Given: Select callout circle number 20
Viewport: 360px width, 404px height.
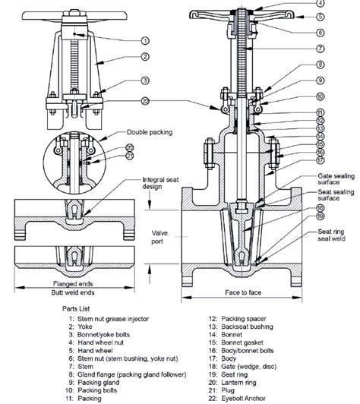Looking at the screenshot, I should coord(130,147).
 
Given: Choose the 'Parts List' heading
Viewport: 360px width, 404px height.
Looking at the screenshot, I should coord(78,309).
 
